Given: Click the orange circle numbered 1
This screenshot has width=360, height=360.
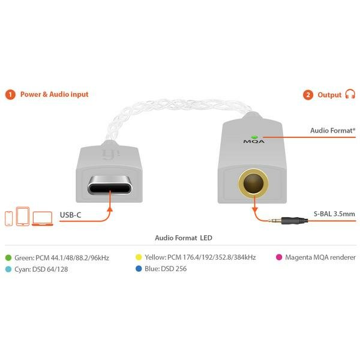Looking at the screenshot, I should (x=10, y=94).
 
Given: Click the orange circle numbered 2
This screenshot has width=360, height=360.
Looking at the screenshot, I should (x=308, y=94).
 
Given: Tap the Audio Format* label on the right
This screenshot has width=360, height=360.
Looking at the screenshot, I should (x=332, y=130).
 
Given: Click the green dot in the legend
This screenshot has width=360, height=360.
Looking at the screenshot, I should (x=8, y=257).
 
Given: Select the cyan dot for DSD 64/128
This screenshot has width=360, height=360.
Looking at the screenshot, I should (x=8, y=269).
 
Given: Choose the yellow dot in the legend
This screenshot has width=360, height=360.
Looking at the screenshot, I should (x=139, y=257).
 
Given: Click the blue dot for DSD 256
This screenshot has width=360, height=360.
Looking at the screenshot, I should (x=139, y=269).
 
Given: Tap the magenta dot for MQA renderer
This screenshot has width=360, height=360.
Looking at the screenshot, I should (x=278, y=257).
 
